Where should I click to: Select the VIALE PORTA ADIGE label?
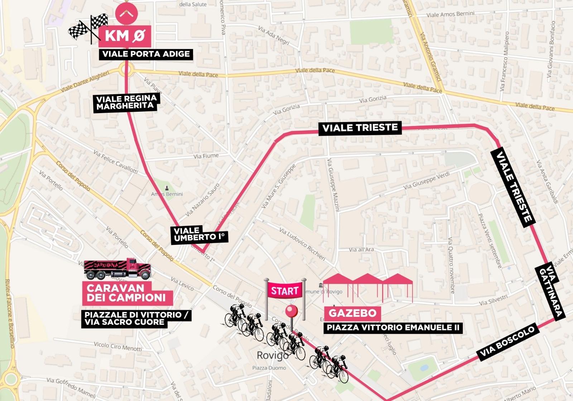tap(146, 54)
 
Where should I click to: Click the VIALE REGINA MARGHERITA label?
tap(126, 102)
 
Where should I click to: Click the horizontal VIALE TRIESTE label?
tap(360, 128)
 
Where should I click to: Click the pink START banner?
tap(285, 291)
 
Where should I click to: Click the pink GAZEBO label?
tap(352, 313)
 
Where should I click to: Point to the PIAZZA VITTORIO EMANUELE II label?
tap(393, 328)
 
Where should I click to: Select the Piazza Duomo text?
tap(269, 368)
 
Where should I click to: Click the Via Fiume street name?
tap(206, 156)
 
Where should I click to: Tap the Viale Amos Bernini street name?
tap(450, 14)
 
